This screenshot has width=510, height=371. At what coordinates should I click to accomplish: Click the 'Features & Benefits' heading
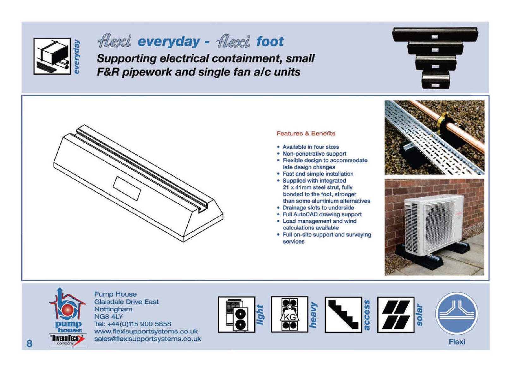tap(306, 133)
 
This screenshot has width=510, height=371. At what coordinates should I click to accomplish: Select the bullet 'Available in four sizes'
tap(310, 147)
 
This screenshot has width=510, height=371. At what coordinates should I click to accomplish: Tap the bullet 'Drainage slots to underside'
tap(318, 207)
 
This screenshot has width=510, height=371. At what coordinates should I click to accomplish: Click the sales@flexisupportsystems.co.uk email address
tap(148, 339)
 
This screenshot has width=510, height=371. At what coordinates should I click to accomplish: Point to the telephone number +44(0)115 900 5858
tap(139, 324)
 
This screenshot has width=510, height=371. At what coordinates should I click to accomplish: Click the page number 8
tap(29, 343)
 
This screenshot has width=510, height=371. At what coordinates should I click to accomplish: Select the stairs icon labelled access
tap(343, 314)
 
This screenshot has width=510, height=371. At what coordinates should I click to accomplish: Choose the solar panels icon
tap(396, 314)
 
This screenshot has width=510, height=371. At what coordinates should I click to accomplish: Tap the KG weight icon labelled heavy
tap(289, 314)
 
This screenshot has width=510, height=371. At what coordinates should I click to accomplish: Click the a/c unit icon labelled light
tap(236, 314)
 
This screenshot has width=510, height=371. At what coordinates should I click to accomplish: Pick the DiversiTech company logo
tap(68, 340)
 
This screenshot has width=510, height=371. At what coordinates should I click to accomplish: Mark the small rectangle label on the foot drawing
tap(127, 188)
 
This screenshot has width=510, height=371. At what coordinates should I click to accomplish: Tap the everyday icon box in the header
tap(52, 56)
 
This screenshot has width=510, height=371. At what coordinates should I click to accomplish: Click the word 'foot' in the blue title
tap(270, 41)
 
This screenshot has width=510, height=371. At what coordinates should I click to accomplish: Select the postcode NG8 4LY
tap(109, 316)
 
